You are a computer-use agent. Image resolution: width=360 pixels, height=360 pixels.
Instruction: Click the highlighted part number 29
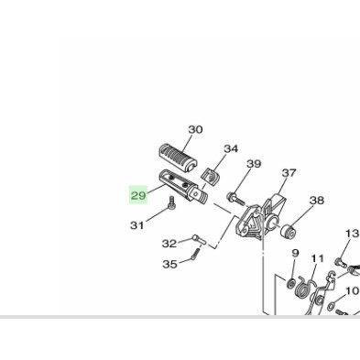[138, 195]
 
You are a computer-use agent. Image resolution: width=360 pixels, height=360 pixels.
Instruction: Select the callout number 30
[195, 130]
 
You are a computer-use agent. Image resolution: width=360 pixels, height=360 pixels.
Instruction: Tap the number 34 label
[231, 149]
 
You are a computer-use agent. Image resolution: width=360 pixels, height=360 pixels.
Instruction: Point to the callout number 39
[254, 164]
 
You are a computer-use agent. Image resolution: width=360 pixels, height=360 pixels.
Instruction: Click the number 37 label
[289, 173]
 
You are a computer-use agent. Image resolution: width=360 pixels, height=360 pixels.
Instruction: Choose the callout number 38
[317, 201]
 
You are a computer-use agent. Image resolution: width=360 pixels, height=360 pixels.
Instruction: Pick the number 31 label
[136, 225]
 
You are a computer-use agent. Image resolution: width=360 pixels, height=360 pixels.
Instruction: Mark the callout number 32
[169, 244]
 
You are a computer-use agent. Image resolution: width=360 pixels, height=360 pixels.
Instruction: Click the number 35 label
[169, 264]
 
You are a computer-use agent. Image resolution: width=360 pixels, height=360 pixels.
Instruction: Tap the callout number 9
[295, 253]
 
